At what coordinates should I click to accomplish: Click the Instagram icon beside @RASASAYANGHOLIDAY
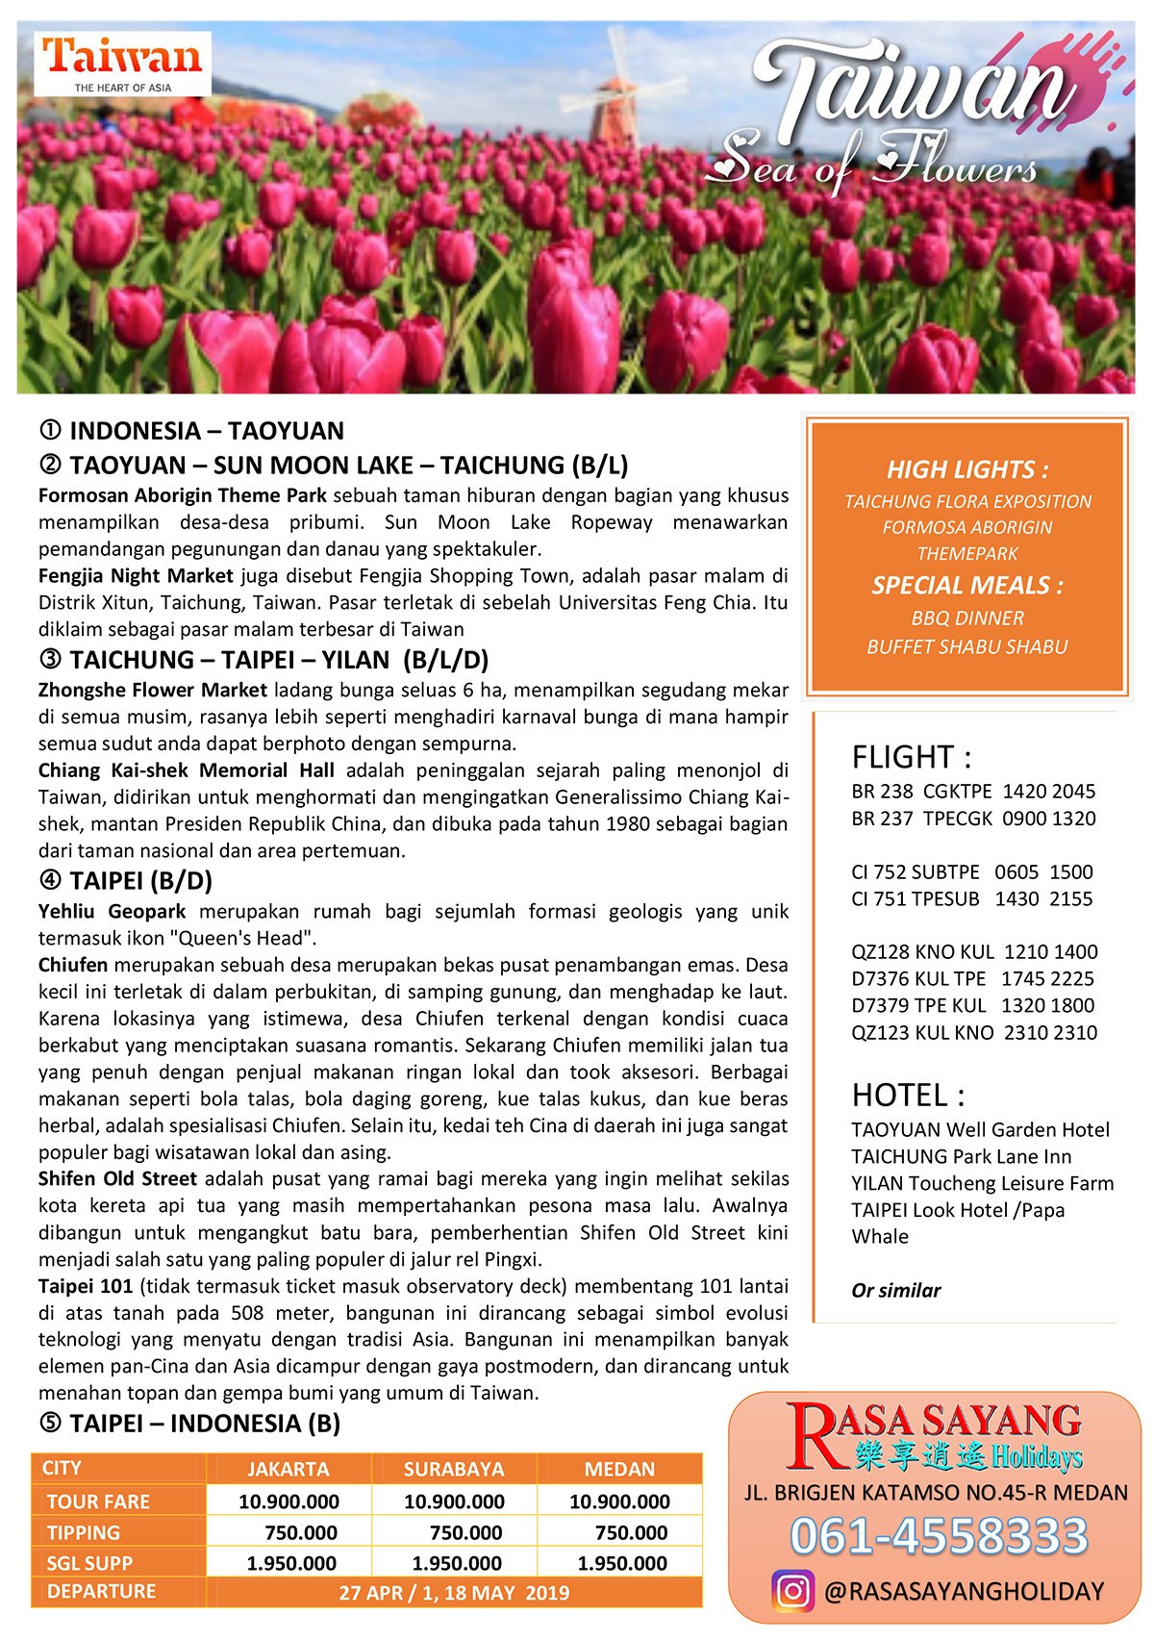(x=792, y=1591)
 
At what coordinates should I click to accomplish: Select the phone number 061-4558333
(x=939, y=1536)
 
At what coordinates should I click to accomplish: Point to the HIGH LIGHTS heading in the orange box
(x=967, y=469)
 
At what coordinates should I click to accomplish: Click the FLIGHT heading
(x=911, y=757)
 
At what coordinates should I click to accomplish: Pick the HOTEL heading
(x=908, y=1095)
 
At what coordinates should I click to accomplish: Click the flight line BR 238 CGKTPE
(x=972, y=792)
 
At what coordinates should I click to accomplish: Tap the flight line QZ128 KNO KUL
(x=973, y=952)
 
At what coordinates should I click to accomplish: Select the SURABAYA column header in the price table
(x=454, y=1469)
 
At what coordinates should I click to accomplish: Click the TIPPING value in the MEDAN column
(x=631, y=1532)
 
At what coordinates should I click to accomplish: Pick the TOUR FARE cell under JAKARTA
(x=288, y=1501)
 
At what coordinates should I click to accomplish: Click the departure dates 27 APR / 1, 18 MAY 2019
(x=454, y=1593)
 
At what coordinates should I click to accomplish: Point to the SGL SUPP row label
(x=89, y=1563)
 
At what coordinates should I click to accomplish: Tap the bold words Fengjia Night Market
(x=136, y=576)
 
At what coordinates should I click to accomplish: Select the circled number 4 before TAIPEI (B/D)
(x=50, y=880)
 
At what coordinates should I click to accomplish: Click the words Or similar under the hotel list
(x=895, y=1290)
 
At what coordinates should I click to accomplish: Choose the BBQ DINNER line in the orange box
(x=967, y=618)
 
